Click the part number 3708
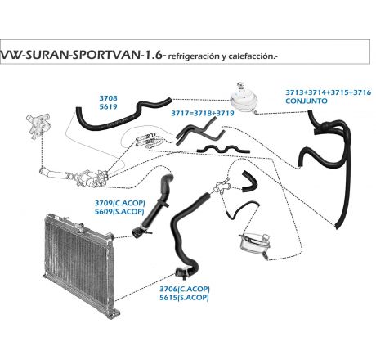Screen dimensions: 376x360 108,98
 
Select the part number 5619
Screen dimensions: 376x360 108,106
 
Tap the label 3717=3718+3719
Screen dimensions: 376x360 203,113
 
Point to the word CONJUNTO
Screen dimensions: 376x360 307,101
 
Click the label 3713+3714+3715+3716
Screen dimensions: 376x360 328,92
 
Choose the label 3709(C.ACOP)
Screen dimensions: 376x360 120,203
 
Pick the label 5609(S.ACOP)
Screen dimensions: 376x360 119,211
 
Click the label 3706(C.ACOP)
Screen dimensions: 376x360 185,289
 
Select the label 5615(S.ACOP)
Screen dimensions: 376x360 184,297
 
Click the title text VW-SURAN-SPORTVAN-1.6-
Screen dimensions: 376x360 83,55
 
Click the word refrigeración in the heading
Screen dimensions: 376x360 194,56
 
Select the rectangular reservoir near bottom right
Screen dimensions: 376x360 254,245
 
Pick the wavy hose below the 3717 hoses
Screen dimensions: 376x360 223,149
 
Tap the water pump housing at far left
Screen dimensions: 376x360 38,126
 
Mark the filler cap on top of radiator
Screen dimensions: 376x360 79,227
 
